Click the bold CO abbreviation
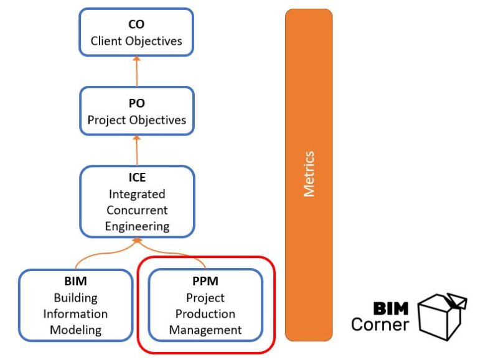[136, 25]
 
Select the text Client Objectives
[136, 41]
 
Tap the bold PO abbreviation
[136, 104]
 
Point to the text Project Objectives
[136, 120]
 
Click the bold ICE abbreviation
[136, 178]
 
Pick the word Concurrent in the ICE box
[136, 210]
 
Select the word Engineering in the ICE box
[136, 226]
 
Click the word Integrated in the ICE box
[136, 194]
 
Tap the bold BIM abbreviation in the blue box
[75, 281]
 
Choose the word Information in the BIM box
[75, 313]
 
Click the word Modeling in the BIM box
[75, 330]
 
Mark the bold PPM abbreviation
[205, 281]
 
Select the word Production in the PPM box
[205, 313]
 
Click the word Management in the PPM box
[205, 330]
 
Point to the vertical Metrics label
[309, 174]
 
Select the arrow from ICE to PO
[136, 150]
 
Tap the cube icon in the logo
[440, 315]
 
